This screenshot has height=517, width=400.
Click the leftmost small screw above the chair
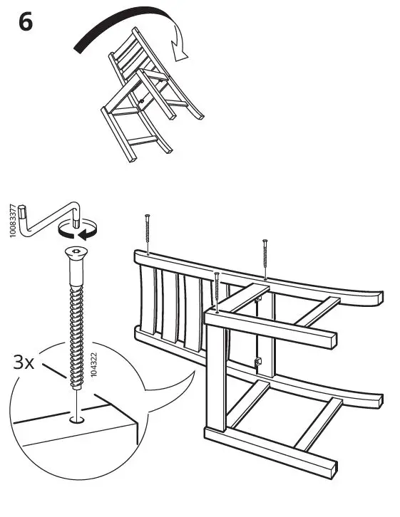click(x=146, y=232)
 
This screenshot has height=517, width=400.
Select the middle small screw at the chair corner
click(x=217, y=292)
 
